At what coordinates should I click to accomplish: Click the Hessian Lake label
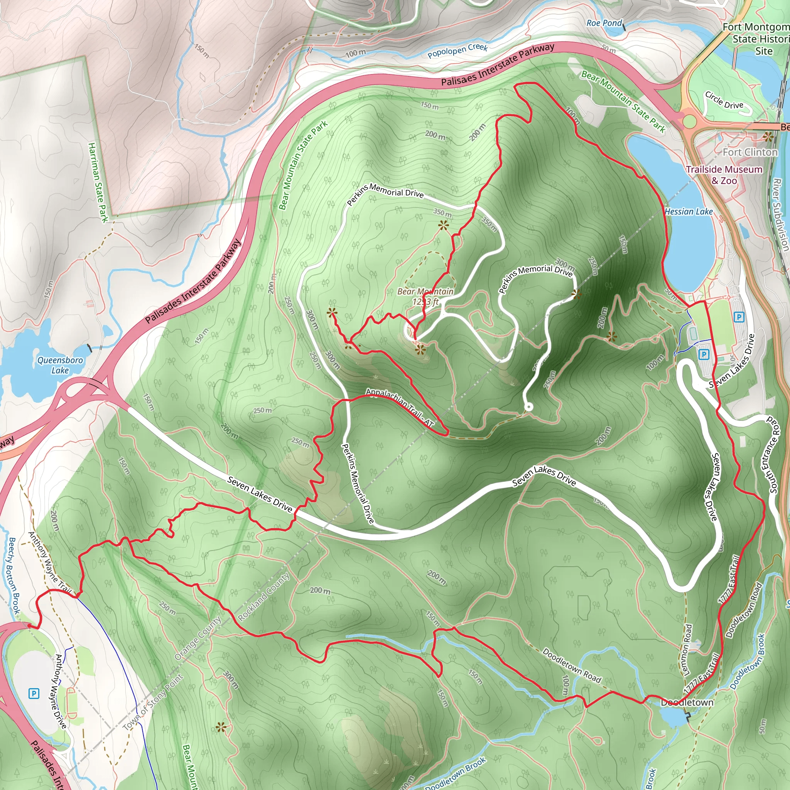689,211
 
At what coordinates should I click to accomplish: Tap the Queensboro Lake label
60,365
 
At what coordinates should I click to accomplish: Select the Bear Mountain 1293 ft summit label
425,297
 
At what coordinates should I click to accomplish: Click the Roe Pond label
604,23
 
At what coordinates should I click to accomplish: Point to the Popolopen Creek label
457,51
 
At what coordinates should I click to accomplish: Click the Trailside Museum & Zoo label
724,175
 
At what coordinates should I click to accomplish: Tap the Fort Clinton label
750,152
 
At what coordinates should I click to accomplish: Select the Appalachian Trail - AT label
399,407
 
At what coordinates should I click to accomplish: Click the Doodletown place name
687,702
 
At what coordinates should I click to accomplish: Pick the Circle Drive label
724,101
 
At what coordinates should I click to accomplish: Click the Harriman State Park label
98,182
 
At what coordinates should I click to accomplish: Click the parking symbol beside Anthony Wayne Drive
34,694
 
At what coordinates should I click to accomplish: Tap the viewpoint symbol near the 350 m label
443,225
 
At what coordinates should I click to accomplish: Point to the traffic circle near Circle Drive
689,121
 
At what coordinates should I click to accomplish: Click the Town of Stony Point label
154,702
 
